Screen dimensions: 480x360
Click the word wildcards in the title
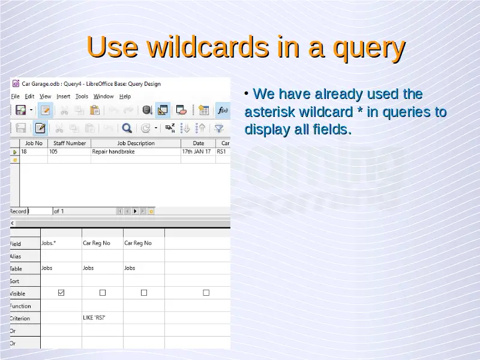pyautogui.click(x=208, y=47)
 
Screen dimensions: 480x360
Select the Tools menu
pyautogui.click(x=82, y=97)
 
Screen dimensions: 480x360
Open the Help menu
pyautogui.click(x=125, y=97)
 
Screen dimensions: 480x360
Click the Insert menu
pyautogui.click(x=64, y=97)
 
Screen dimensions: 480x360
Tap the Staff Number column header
pyautogui.click(x=70, y=143)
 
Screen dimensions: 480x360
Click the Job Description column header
pyautogui.click(x=136, y=143)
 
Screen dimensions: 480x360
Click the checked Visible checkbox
pyautogui.click(x=61, y=293)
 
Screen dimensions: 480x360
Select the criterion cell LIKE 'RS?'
pyautogui.click(x=94, y=318)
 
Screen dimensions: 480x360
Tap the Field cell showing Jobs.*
pyautogui.click(x=49, y=243)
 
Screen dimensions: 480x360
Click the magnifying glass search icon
pyautogui.click(x=127, y=128)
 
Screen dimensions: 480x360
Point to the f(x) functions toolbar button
pyautogui.click(x=223, y=110)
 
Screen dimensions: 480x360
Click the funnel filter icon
pyautogui.click(x=219, y=128)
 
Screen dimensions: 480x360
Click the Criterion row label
pyautogui.click(x=20, y=319)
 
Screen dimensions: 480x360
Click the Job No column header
pyautogui.click(x=34, y=143)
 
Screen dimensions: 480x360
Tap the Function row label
pyautogui.click(x=20, y=306)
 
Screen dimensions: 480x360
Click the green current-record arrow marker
pyautogui.click(x=14, y=152)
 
